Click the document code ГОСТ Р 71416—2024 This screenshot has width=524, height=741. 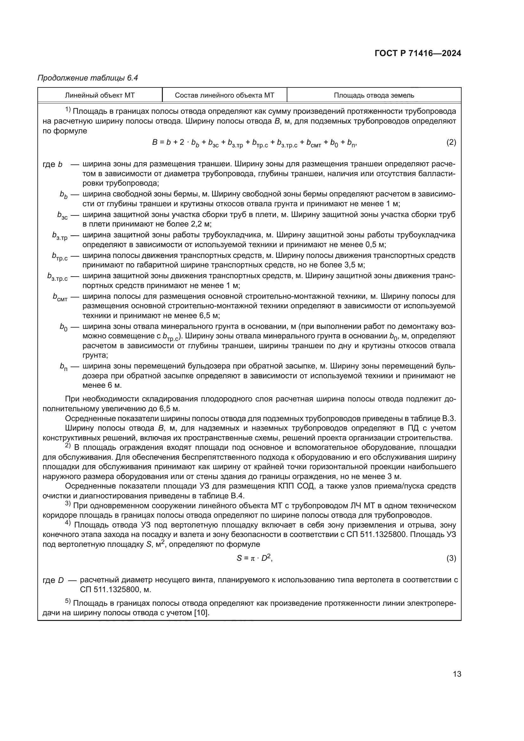pos(418,53)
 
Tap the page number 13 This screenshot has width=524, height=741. pos(457,674)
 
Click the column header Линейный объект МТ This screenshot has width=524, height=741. pos(100,95)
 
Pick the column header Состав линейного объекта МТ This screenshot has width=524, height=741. pos(224,95)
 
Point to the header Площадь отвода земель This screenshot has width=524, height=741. pos(374,95)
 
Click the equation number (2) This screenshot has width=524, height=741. pos(451,142)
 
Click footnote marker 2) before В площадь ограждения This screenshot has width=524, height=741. pos(68,446)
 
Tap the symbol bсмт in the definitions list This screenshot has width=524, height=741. pos(60,297)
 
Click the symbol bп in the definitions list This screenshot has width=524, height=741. pos(63,367)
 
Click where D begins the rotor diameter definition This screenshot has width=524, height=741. pos(61,580)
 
